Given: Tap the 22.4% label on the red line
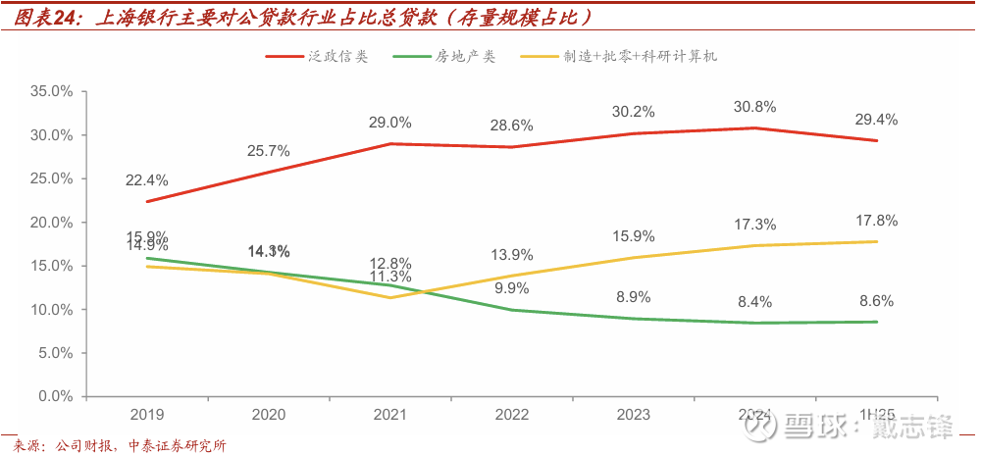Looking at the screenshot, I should (146, 180).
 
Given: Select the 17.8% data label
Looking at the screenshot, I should (876, 221).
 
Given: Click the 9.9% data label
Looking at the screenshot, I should (511, 288).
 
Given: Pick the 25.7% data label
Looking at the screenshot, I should (268, 151).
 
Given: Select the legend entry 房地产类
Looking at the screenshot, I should (466, 57).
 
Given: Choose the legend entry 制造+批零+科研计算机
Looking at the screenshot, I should (639, 57).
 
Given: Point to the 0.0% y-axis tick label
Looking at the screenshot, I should (56, 397).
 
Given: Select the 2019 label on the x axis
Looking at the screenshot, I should (146, 415).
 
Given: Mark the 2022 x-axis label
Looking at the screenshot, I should (511, 415).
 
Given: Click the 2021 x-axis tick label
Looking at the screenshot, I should (389, 415).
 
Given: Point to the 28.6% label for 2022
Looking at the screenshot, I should (511, 126).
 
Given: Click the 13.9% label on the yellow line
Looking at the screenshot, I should (511, 255).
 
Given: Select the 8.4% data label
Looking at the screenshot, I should (754, 302).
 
